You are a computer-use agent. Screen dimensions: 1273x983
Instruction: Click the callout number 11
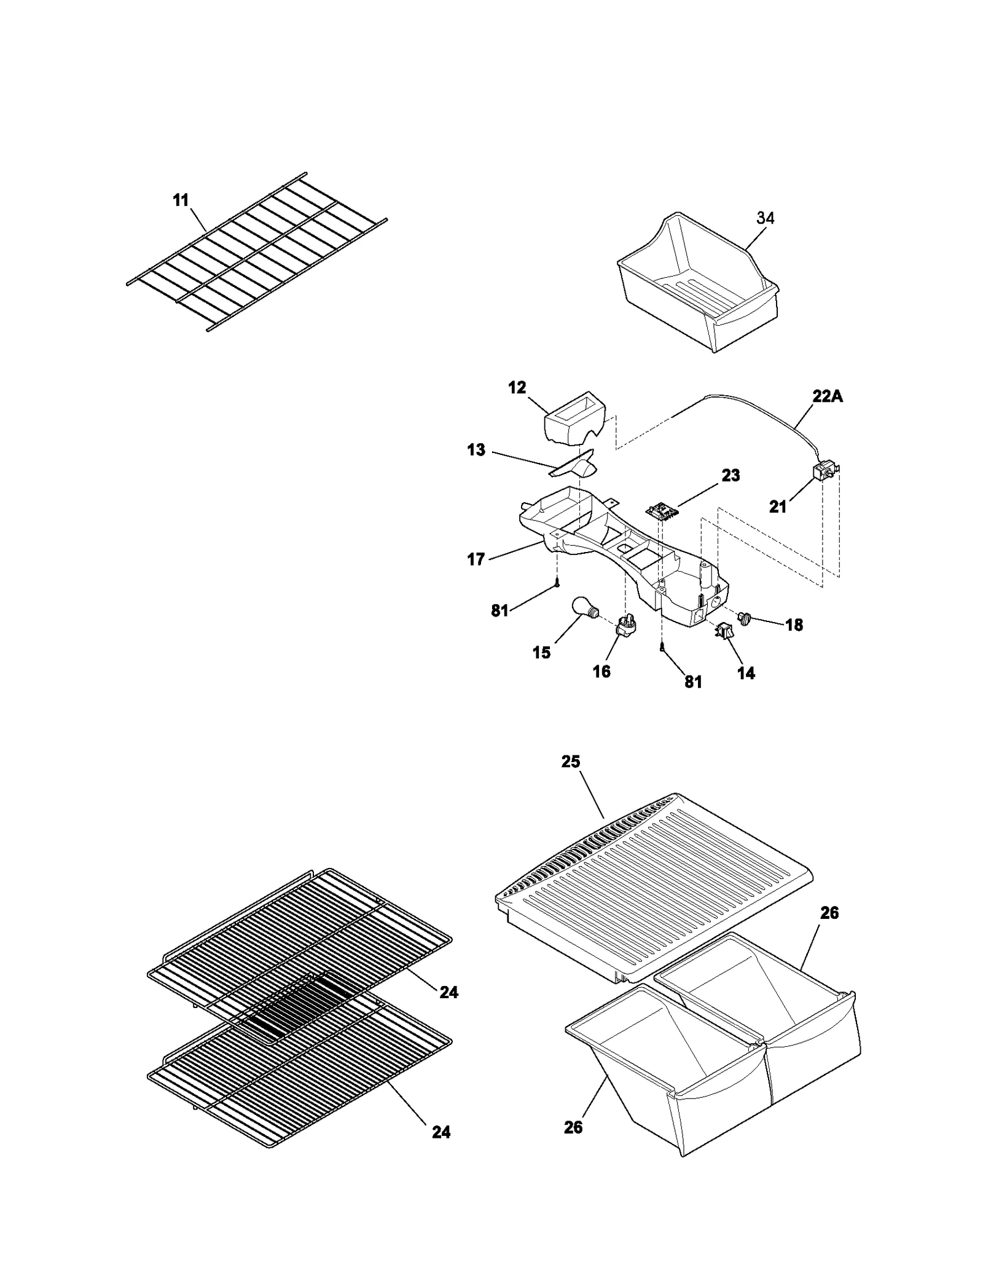[181, 200]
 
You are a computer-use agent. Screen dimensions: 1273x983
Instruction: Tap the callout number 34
[765, 218]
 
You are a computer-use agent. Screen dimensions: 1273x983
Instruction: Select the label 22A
[828, 396]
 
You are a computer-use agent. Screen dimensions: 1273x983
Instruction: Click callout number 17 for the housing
[476, 559]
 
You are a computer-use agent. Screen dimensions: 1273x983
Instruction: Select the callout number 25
[570, 762]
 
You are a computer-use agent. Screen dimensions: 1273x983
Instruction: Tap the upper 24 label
[448, 992]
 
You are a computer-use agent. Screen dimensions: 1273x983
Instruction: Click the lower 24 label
[441, 1132]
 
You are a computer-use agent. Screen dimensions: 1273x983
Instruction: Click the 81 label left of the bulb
[500, 610]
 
